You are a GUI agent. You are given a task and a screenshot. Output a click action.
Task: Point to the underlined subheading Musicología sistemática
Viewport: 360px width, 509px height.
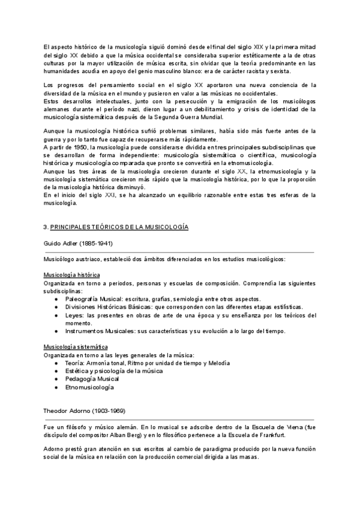coord(76,347)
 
